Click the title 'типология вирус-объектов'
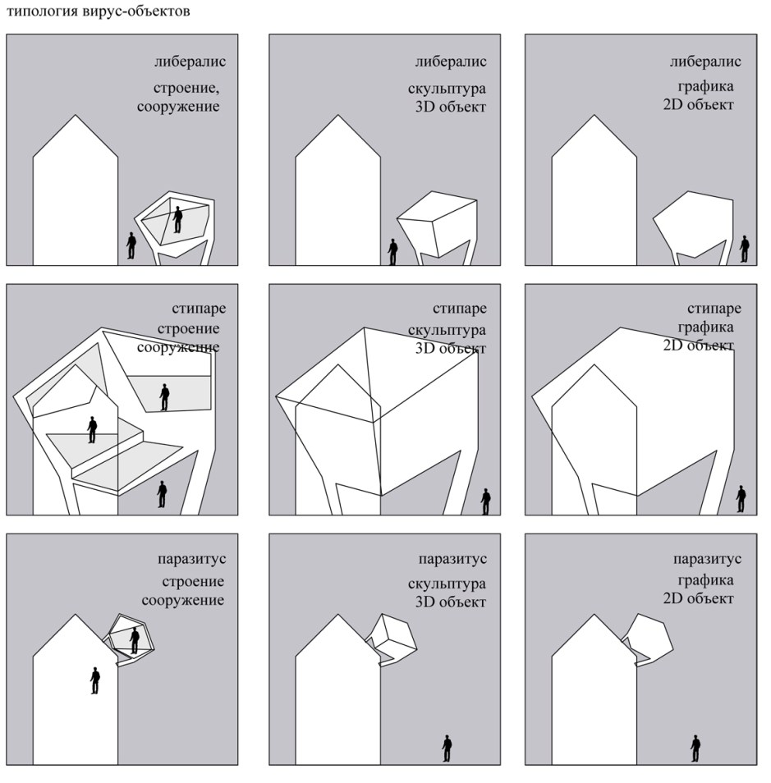(x=98, y=11)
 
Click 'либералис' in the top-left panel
(x=190, y=62)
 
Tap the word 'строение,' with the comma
(x=186, y=89)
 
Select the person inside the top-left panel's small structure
(x=177, y=220)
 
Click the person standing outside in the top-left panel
(x=131, y=245)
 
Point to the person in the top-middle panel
(x=393, y=252)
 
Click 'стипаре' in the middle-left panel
(x=199, y=309)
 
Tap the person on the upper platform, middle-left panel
(x=164, y=397)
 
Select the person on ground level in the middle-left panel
(x=162, y=494)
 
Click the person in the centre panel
(x=486, y=501)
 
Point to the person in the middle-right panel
(x=741, y=499)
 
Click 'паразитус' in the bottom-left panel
(x=192, y=559)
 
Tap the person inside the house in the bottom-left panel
(x=95, y=680)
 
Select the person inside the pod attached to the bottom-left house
(x=135, y=641)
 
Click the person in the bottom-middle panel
(x=447, y=749)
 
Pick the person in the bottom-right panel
(x=695, y=749)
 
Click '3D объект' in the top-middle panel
(x=451, y=107)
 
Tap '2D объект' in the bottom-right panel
(x=699, y=598)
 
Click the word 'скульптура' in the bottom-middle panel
(x=447, y=584)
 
